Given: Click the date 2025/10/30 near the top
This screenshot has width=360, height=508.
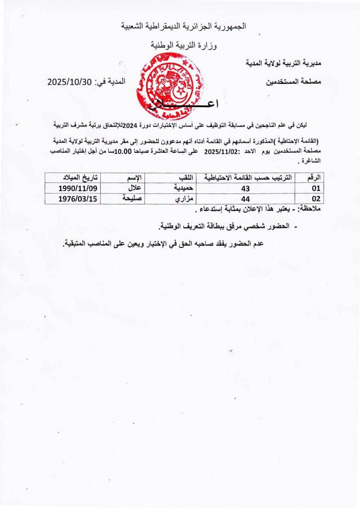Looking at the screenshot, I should (70, 82).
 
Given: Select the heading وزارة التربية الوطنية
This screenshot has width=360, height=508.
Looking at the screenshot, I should (184, 46).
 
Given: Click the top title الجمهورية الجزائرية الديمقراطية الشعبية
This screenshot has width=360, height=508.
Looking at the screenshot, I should (184, 25).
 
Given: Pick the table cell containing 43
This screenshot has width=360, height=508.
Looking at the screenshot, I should (244, 188).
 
